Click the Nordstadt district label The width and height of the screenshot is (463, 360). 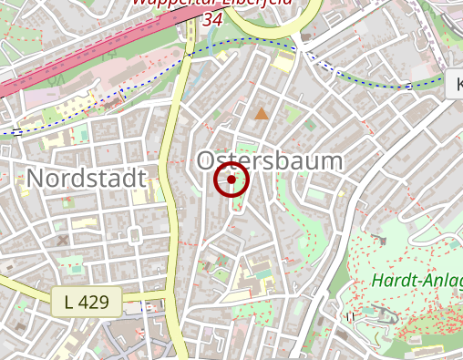pyautogui.click(x=87, y=178)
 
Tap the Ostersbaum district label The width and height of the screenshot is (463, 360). pyautogui.click(x=270, y=161)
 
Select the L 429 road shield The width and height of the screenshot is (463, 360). pyautogui.click(x=86, y=302)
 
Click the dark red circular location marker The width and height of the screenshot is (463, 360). pyautogui.click(x=231, y=180)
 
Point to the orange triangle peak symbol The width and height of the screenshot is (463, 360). pyautogui.click(x=262, y=113)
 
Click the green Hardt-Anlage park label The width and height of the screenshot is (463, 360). pyautogui.click(x=417, y=281)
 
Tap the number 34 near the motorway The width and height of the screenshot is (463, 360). pyautogui.click(x=213, y=19)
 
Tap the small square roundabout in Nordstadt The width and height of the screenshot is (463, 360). pyautogui.click(x=134, y=236)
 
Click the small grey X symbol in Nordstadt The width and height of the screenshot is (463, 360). pyautogui.click(x=63, y=241)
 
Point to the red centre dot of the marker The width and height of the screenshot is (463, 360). pyautogui.click(x=231, y=180)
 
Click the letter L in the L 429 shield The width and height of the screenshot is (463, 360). pyautogui.click(x=69, y=302)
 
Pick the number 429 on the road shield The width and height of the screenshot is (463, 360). pyautogui.click(x=93, y=302)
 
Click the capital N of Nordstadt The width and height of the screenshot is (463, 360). pyautogui.click(x=36, y=178)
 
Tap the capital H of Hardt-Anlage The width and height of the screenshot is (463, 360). pyautogui.click(x=379, y=281)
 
